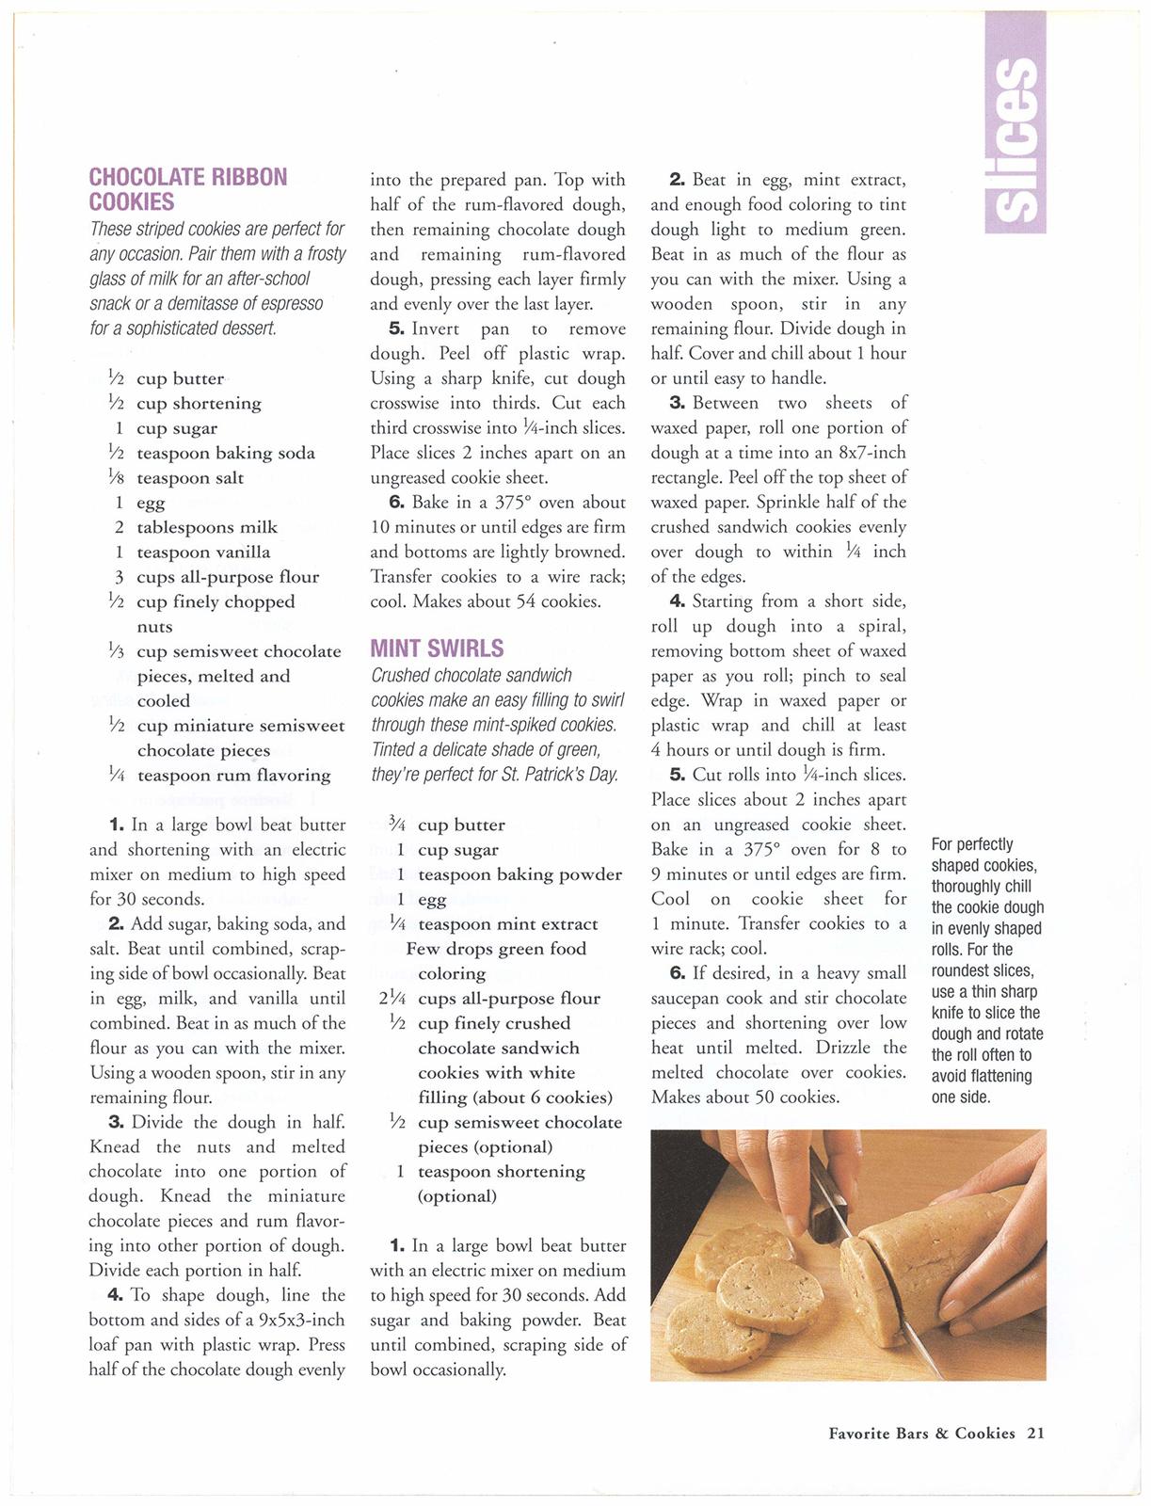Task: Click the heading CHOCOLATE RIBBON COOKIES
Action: click(x=187, y=189)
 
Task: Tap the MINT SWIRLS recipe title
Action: click(x=437, y=649)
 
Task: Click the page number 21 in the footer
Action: click(x=1035, y=1434)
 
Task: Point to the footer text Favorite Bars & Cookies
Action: click(x=921, y=1434)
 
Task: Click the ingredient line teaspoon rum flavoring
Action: click(x=233, y=776)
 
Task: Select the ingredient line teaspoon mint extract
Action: click(x=507, y=924)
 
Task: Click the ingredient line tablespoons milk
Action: click(x=207, y=527)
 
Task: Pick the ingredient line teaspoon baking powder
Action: click(x=520, y=874)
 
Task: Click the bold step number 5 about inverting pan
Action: click(x=396, y=329)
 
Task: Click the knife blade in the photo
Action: click(x=875, y=1299)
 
